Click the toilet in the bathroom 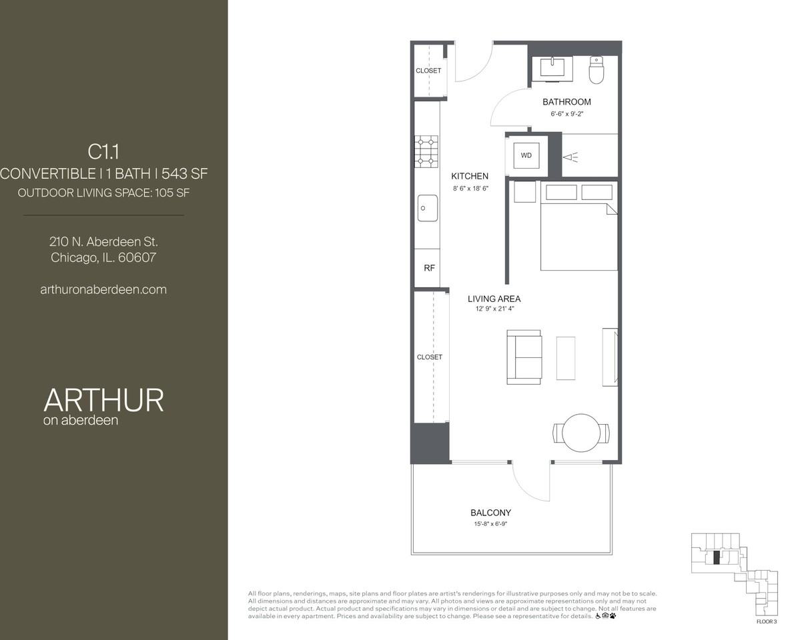[596, 70]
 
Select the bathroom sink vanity [552, 68]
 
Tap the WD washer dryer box [526, 156]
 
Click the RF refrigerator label [429, 268]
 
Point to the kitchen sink [428, 208]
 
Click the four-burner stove [426, 151]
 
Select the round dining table [581, 433]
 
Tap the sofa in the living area [524, 357]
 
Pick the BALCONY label [490, 513]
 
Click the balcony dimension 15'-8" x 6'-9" [490, 524]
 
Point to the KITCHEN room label [470, 176]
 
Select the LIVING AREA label [494, 299]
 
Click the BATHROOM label [566, 102]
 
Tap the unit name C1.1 [103, 152]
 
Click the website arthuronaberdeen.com [103, 289]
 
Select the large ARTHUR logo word [103, 400]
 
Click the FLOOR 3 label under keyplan [767, 621]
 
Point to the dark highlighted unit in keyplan [717, 558]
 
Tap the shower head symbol [570, 157]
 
